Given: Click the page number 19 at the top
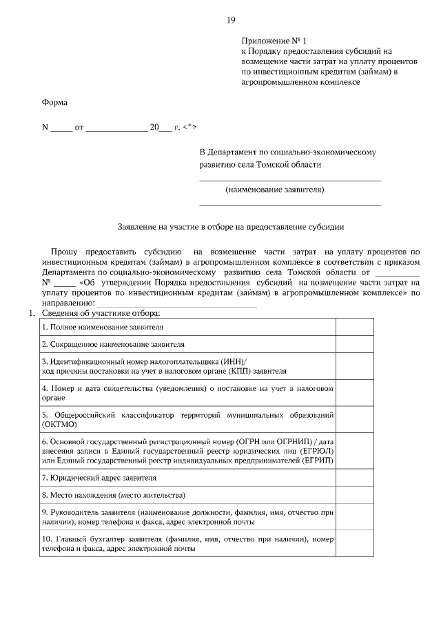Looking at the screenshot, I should (x=230, y=19).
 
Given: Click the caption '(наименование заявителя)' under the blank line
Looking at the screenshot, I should (x=275, y=190).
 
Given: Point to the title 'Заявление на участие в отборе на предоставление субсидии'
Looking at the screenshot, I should (x=230, y=225).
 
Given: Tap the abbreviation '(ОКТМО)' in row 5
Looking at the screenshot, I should (x=61, y=424).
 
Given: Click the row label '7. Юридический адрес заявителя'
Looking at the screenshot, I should (x=99, y=477).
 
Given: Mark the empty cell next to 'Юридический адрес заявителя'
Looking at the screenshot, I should (x=354, y=477).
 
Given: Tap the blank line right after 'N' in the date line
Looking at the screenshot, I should (x=61, y=129).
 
